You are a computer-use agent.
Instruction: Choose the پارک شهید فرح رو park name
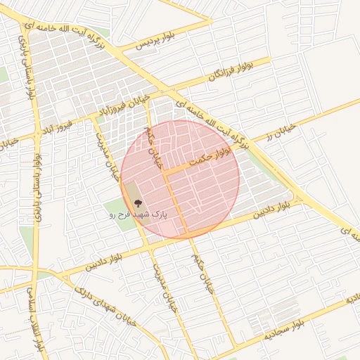click(x=136, y=214)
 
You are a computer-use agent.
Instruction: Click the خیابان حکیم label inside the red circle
click(x=155, y=148)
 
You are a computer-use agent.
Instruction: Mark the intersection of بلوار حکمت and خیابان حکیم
click(x=167, y=172)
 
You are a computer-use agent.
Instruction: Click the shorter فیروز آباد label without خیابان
click(x=56, y=128)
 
